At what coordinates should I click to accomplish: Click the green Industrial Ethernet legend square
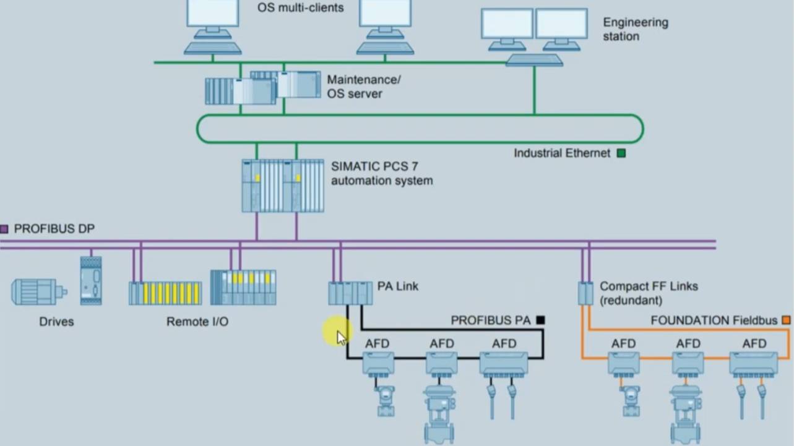[x=621, y=153]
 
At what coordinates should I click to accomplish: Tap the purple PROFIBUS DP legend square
[x=4, y=229]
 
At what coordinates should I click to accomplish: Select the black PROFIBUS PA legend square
[x=540, y=320]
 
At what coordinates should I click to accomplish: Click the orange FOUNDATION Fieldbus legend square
[x=786, y=320]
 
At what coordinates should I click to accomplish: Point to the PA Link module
[x=350, y=293]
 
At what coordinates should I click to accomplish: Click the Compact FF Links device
[x=585, y=293]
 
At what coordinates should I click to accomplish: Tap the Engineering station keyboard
[x=534, y=60]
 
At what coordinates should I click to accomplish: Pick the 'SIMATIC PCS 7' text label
[x=370, y=166]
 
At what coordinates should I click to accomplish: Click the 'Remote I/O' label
[x=197, y=322]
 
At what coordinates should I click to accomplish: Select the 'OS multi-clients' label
[x=300, y=8]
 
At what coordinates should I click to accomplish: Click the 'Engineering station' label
[x=635, y=29]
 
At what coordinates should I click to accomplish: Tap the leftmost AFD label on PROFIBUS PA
[x=378, y=343]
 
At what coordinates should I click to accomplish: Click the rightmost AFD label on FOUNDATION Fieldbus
[x=754, y=343]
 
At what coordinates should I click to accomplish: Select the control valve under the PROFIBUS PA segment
[x=440, y=411]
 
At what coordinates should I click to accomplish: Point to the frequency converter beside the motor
[x=91, y=280]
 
